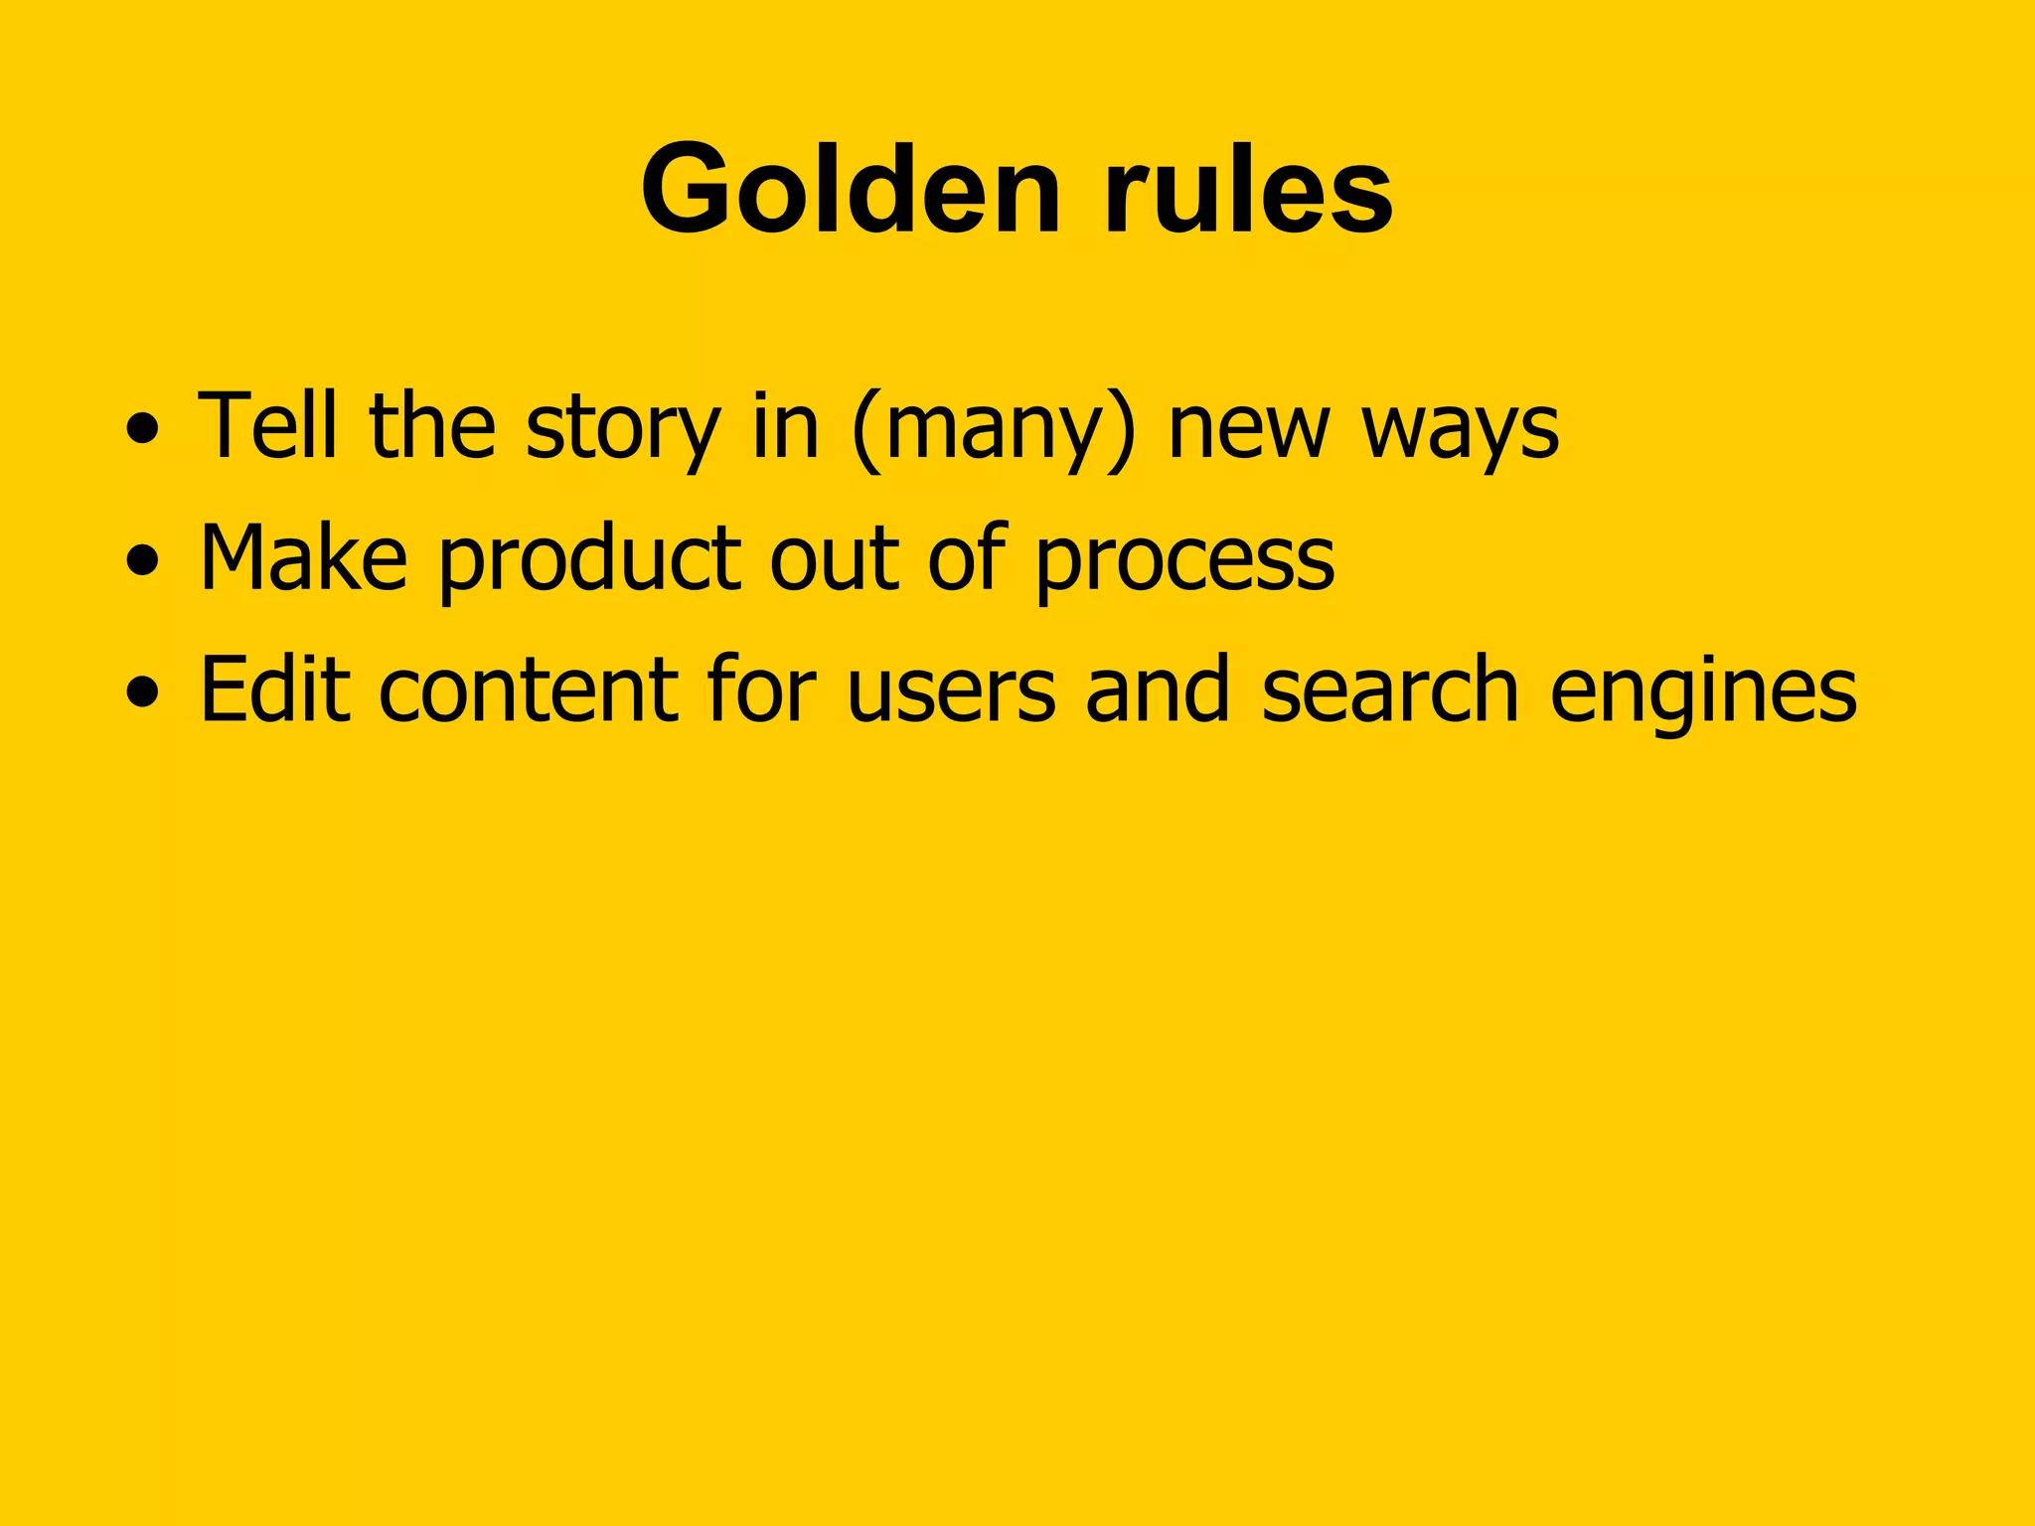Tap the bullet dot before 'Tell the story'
pos(142,429)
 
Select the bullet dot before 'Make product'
pos(142,560)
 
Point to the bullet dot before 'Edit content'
pos(142,692)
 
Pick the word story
pos(622,429)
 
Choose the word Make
pos(303,557)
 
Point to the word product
pos(589,561)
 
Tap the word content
pos(528,689)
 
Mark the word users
pos(951,692)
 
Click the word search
pos(1390,689)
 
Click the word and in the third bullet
pos(1158,689)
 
